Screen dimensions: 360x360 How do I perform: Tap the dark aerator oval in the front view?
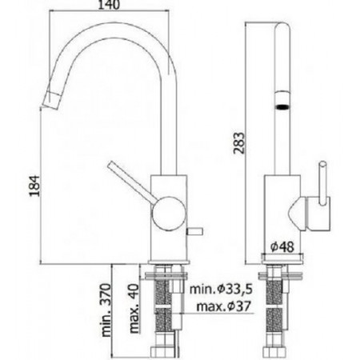click(282, 104)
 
